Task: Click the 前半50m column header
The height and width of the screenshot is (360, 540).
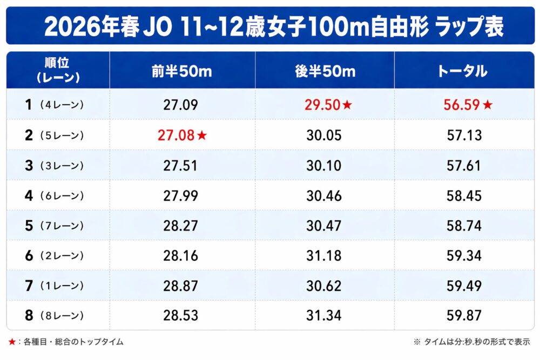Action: (x=181, y=71)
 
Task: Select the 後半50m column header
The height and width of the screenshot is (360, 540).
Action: (x=325, y=71)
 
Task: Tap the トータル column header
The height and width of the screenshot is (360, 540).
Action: (x=464, y=71)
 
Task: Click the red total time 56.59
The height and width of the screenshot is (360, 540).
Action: (x=462, y=105)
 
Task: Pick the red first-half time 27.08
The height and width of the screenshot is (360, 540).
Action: (x=175, y=135)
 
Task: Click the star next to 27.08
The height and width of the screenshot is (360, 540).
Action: (x=202, y=135)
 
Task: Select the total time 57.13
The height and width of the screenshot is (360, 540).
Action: (x=464, y=135)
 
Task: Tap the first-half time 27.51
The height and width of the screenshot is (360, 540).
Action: (x=181, y=165)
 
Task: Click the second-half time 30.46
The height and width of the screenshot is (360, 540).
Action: (x=324, y=195)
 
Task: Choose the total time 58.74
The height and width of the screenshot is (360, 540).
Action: (x=464, y=226)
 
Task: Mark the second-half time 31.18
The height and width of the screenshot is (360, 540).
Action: (x=324, y=255)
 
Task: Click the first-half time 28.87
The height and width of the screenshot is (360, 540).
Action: (x=181, y=285)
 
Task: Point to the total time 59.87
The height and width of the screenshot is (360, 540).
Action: (x=464, y=315)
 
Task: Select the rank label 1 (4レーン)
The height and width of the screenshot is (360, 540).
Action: (x=55, y=105)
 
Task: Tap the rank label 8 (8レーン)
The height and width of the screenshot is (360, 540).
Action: (x=55, y=315)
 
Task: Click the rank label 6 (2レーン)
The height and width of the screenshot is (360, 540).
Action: (x=55, y=255)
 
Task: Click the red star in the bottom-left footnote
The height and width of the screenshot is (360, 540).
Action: (x=12, y=342)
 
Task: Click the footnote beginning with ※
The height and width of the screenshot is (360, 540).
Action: (x=471, y=342)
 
